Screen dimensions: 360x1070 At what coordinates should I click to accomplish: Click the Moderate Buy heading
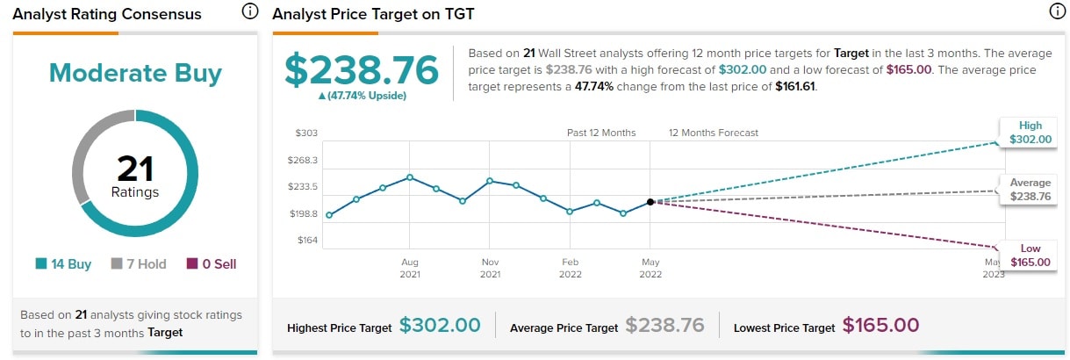coord(135,73)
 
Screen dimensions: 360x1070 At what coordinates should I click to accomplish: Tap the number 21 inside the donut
coord(135,168)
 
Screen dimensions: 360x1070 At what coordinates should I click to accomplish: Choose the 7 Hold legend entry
coord(139,264)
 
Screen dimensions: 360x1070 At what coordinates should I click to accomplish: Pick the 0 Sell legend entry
coord(211,264)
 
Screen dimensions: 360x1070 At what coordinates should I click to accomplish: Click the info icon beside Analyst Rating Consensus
coord(250,12)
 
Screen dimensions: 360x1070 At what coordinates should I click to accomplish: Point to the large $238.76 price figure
coord(360,69)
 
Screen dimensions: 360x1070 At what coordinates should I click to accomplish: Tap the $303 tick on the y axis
coord(307,133)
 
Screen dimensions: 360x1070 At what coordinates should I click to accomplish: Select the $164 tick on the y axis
coord(307,240)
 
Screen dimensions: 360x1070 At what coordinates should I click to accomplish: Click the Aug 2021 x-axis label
coord(410,268)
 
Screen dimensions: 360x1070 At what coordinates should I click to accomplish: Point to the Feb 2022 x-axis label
coord(570,268)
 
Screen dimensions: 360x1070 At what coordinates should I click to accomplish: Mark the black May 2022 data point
coord(650,202)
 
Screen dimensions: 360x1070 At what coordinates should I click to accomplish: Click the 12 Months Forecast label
coord(713,133)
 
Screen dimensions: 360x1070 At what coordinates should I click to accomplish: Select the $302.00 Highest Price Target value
coord(440,326)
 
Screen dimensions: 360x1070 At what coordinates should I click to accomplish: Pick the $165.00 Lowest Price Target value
coord(880,326)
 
